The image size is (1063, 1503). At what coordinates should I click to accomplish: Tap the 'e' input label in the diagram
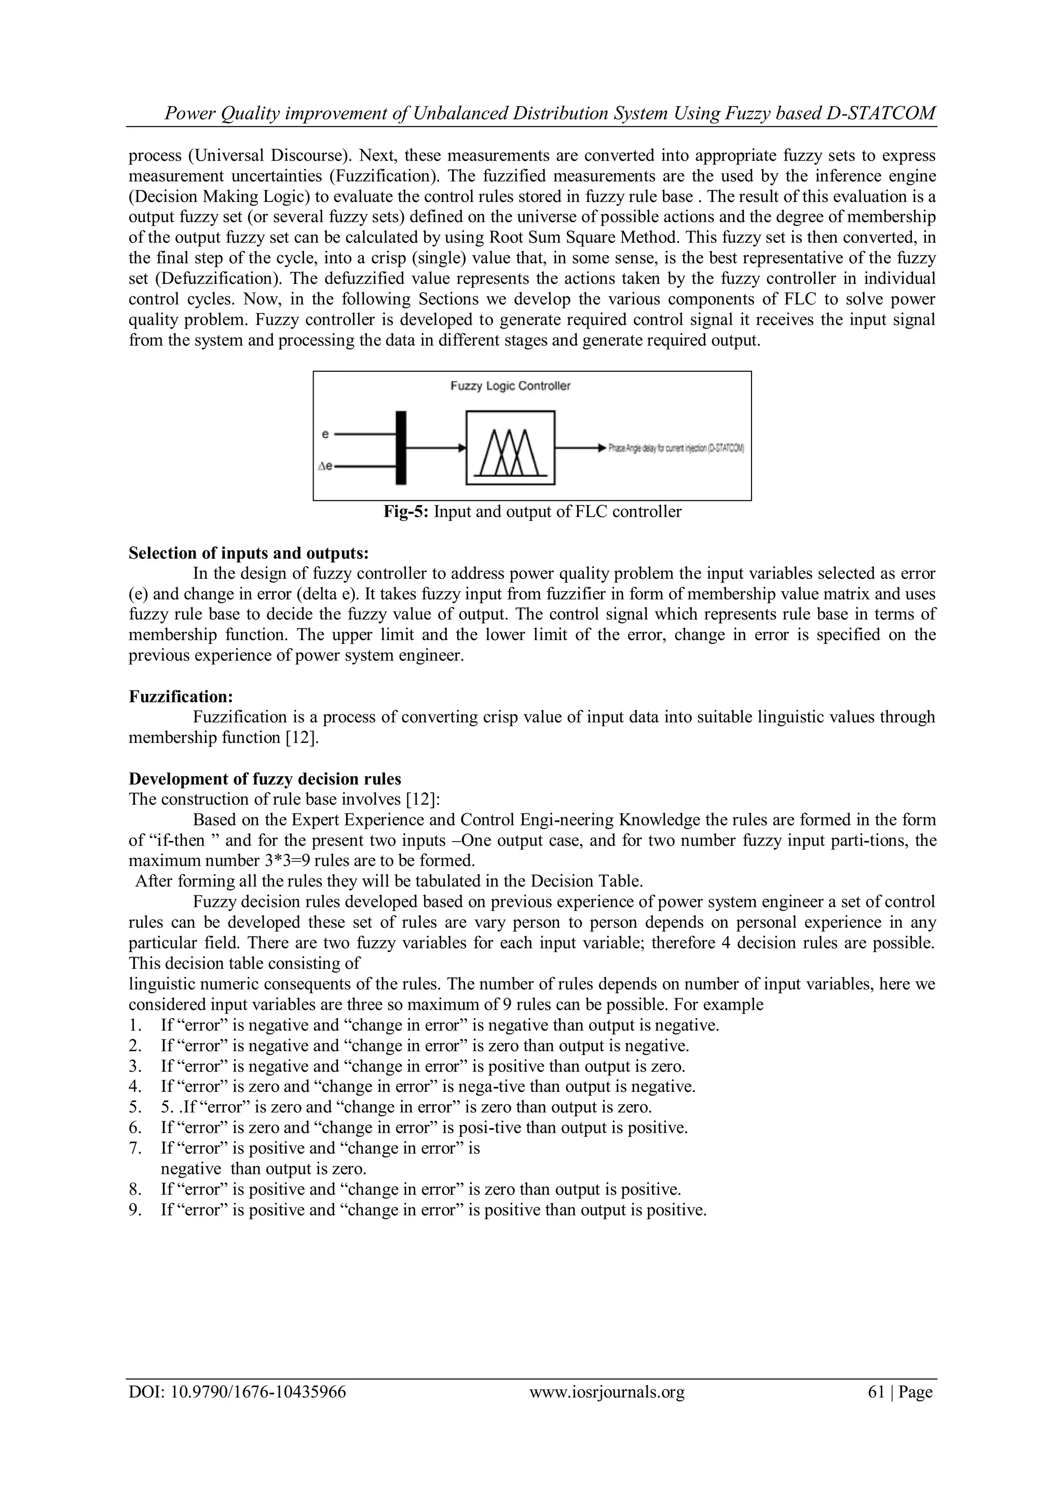point(326,434)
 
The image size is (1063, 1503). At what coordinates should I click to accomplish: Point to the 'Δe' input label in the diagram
point(324,466)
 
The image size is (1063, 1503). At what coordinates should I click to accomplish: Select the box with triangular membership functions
point(510,448)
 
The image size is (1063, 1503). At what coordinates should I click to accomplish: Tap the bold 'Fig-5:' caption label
point(406,512)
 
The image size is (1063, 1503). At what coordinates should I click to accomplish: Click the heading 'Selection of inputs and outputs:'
point(249,553)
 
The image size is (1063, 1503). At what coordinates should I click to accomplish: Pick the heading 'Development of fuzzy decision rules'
point(264,779)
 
